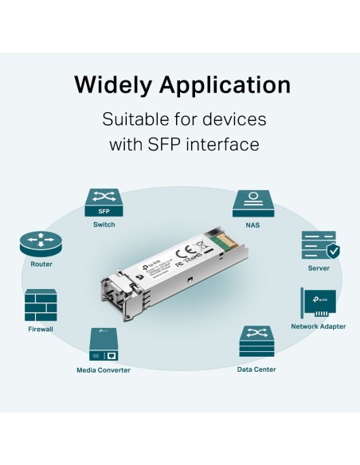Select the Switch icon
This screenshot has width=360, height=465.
104,203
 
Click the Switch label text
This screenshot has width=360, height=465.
104,225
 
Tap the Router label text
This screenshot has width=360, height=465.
41,264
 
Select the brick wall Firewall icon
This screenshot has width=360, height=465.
41,306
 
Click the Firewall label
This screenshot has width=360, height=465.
41,329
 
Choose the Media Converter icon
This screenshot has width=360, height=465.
104,346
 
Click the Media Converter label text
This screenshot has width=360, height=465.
104,369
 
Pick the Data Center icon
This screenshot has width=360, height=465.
257,343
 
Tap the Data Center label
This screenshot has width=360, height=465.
257,369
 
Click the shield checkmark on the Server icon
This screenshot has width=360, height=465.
333,252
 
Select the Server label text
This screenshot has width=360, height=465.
318,269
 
